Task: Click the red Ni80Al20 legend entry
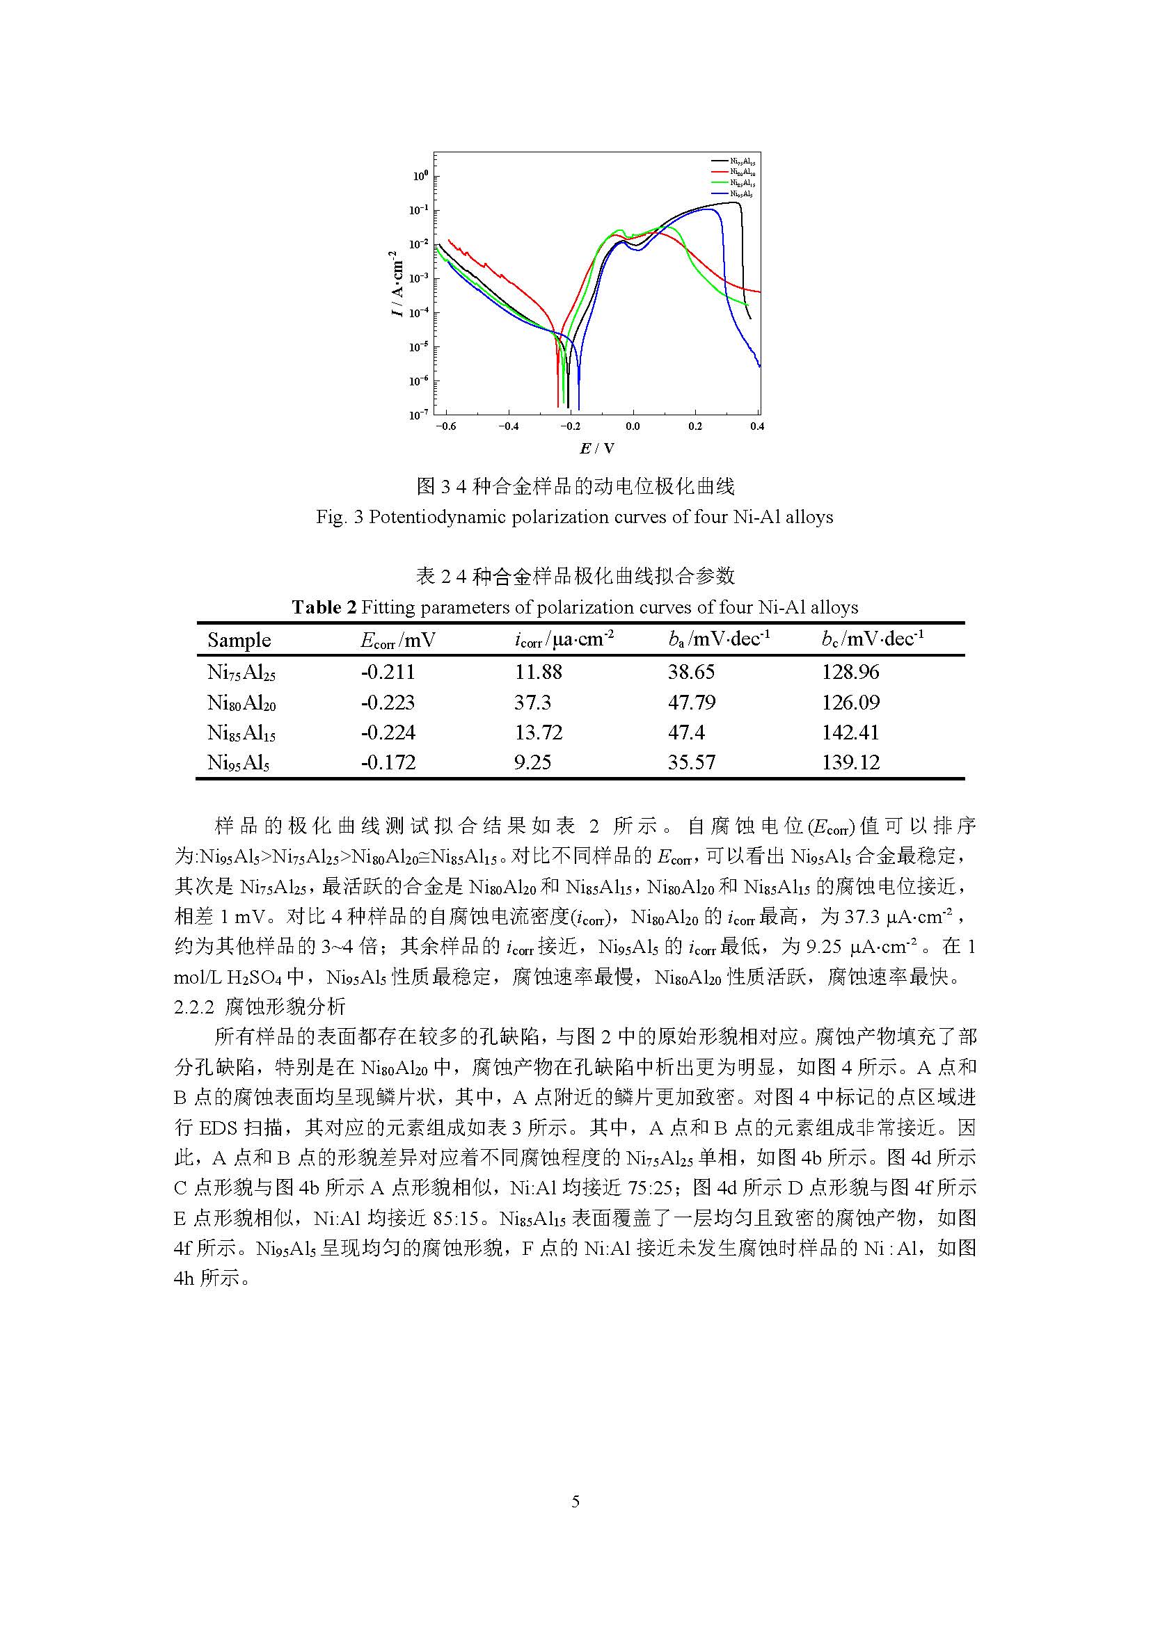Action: click(x=741, y=173)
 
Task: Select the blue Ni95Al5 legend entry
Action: click(x=740, y=193)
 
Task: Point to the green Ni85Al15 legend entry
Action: click(x=741, y=183)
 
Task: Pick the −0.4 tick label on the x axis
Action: click(x=507, y=426)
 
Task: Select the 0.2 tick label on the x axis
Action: click(x=695, y=426)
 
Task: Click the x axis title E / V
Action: click(x=597, y=449)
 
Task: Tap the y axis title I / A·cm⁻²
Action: click(x=397, y=282)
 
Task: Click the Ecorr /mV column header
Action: click(x=397, y=641)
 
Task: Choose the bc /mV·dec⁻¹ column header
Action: click(x=873, y=640)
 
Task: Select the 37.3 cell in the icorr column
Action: click(x=532, y=703)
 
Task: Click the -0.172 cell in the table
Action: click(x=388, y=762)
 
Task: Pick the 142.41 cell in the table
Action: click(x=850, y=732)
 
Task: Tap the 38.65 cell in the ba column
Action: click(x=691, y=672)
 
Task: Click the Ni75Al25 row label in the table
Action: click(x=241, y=673)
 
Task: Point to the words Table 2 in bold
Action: click(x=324, y=607)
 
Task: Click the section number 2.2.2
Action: click(x=194, y=1007)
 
